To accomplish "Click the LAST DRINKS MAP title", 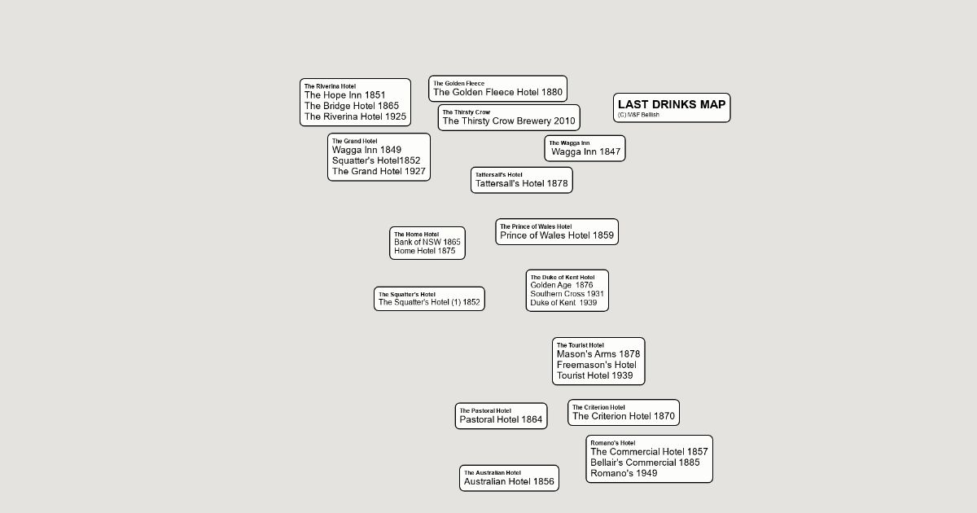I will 671,104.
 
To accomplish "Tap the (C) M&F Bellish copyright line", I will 638,115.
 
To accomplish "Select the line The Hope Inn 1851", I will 344,95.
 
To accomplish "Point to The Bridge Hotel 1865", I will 352,106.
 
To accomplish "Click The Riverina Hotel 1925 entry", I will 355,116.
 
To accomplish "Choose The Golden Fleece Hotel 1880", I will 497,92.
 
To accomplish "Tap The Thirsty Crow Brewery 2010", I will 509,121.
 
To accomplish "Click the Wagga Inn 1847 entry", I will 585,151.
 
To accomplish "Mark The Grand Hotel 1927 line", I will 379,171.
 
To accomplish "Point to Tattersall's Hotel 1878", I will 521,184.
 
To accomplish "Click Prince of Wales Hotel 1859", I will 557,235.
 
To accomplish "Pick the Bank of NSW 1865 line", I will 427,242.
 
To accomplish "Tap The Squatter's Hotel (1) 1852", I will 429,302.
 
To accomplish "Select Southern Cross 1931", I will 567,294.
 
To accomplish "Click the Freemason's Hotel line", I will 597,365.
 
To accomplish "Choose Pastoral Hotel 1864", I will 501,419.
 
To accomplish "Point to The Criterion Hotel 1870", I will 623,416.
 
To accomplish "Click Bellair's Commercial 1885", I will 645,463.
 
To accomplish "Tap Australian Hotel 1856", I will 509,481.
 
